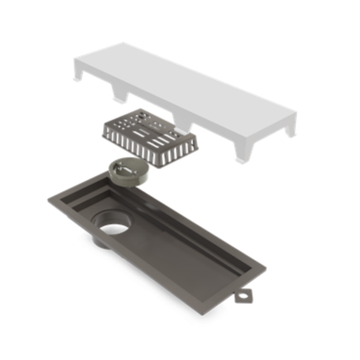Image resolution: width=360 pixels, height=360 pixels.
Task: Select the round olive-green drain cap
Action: click(x=127, y=172)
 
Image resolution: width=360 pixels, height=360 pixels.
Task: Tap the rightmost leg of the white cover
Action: click(x=290, y=127)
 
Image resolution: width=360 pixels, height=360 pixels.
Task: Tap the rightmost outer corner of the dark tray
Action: click(x=266, y=270)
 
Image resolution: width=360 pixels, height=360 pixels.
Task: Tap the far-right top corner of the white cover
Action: click(x=296, y=112)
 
